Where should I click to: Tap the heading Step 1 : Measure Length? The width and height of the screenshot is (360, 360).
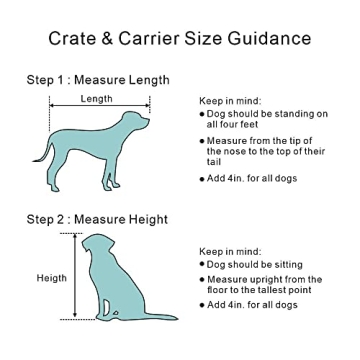[x=98, y=80]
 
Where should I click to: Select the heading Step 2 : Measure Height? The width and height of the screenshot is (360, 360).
[x=98, y=219]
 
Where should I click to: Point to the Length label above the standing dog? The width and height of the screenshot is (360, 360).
[x=97, y=99]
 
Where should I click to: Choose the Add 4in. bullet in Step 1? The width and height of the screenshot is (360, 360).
[x=245, y=178]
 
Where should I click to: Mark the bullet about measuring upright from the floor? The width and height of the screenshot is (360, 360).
[x=262, y=284]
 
